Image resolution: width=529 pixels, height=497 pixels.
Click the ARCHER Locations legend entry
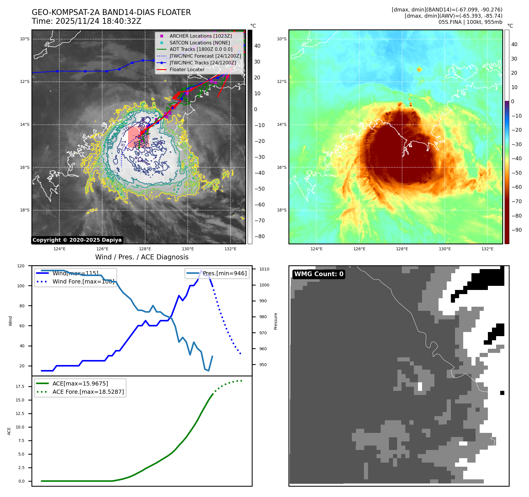click(x=200, y=36)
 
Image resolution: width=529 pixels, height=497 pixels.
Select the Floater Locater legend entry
click(x=187, y=70)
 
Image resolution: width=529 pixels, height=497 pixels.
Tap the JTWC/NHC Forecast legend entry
click(x=205, y=56)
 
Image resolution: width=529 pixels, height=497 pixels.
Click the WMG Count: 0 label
click(x=319, y=274)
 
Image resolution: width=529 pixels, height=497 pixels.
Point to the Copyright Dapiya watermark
click(x=77, y=240)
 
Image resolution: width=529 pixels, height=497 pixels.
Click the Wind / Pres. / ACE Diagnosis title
click(x=142, y=257)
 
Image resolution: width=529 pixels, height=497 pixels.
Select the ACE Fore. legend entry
click(x=88, y=392)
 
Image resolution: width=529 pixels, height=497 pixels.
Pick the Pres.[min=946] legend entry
click(x=224, y=273)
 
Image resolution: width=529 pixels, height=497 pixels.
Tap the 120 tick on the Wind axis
click(x=21, y=266)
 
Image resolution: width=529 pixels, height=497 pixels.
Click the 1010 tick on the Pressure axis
click(x=264, y=269)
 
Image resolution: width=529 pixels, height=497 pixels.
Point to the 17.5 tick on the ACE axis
click(x=20, y=386)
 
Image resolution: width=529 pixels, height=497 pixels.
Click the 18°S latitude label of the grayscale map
click(x=25, y=210)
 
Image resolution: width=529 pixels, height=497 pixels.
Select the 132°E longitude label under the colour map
click(x=487, y=249)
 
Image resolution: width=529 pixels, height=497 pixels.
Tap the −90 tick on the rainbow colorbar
click(x=516, y=230)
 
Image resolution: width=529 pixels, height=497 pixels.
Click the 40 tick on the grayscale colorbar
click(x=257, y=46)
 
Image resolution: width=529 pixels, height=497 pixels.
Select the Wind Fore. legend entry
click(x=83, y=281)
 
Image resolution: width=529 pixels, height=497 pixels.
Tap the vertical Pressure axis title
click(x=276, y=321)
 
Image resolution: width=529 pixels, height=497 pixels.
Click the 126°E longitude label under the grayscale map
click(x=102, y=249)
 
